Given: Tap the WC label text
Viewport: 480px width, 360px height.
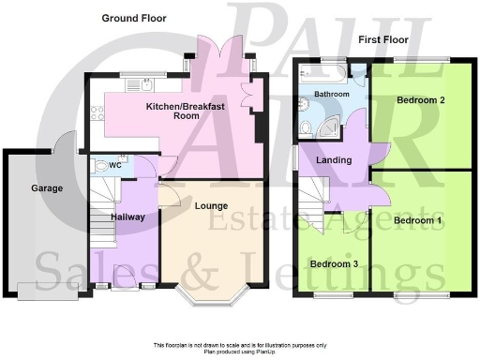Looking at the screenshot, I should (114, 166).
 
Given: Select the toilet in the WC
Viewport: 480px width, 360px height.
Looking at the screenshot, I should (99, 167).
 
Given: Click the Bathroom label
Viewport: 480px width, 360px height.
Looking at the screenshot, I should (332, 95).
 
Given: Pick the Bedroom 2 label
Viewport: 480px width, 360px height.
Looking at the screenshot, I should (420, 99).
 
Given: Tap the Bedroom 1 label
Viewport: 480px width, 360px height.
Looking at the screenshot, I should (417, 220).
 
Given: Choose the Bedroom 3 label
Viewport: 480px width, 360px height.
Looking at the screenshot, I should (335, 264).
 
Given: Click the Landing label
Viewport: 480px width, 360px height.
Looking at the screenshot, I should (334, 160).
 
